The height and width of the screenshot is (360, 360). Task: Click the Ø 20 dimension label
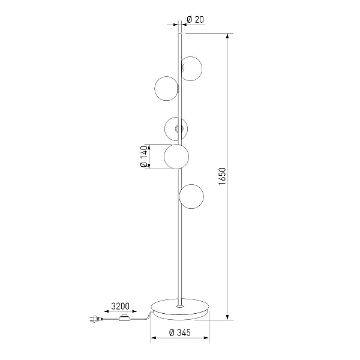[x=196, y=20]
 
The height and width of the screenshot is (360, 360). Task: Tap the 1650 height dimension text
[x=222, y=176]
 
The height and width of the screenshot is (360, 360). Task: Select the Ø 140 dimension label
[x=144, y=157]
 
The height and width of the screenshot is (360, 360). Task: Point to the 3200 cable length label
[x=121, y=306]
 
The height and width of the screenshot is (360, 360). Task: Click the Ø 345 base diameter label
[x=180, y=332]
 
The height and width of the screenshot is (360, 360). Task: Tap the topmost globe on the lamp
[x=192, y=68]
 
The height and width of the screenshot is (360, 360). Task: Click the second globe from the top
[x=166, y=88]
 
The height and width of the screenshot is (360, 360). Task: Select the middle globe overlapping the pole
[x=176, y=129]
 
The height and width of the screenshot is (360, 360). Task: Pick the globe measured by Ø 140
[x=176, y=157]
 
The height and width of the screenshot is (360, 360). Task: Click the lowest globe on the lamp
[x=191, y=196]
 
